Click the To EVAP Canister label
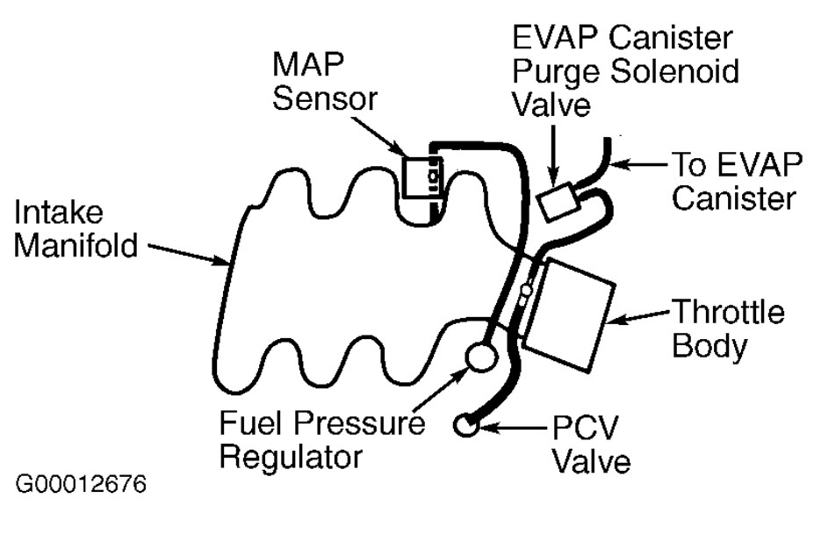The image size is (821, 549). [x=733, y=180]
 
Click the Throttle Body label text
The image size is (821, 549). [x=728, y=329]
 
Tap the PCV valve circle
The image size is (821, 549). [x=465, y=426]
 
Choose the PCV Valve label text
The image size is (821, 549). [x=587, y=444]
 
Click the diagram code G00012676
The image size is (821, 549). [x=81, y=485]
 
